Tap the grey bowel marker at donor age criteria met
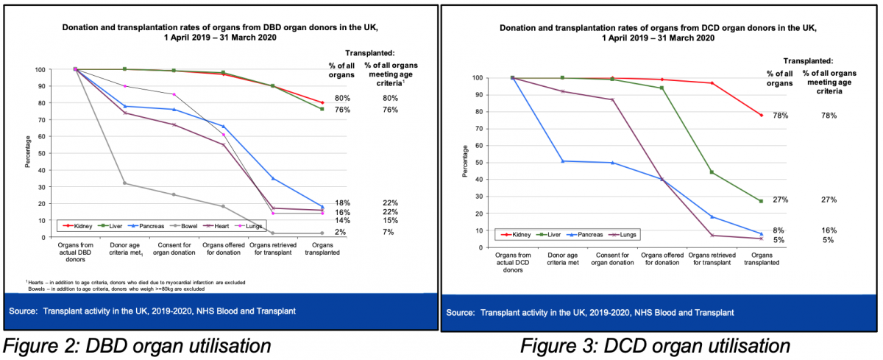tap(124, 183)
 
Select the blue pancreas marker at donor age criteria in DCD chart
tap(563, 161)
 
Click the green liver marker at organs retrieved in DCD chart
tap(712, 172)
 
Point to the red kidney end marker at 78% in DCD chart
tap(761, 115)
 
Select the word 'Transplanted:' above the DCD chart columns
tap(807, 60)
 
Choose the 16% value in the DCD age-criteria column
tap(829, 230)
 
